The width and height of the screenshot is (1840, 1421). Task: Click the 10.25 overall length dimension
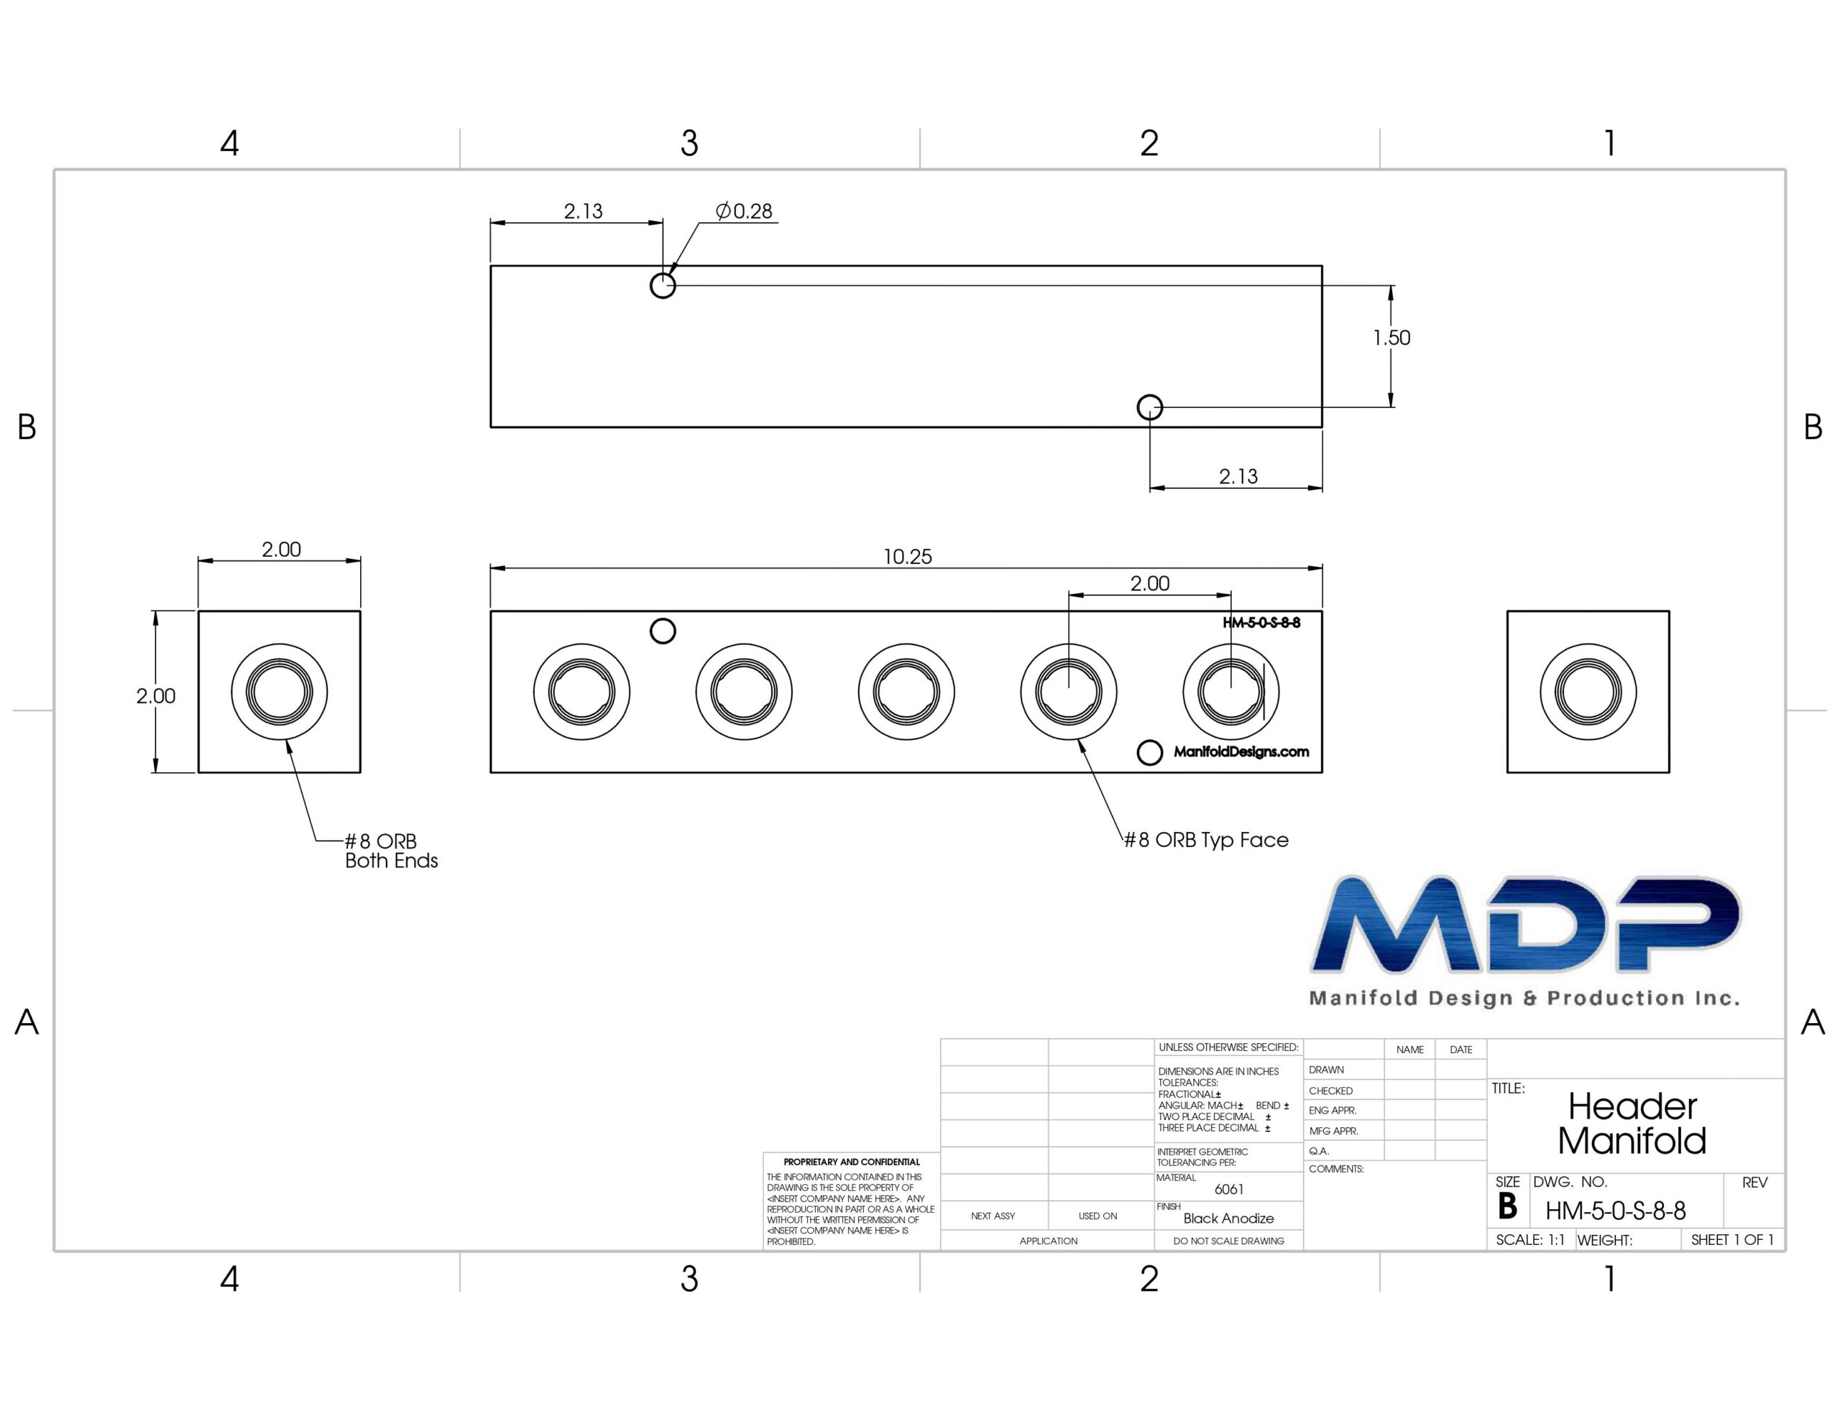point(907,557)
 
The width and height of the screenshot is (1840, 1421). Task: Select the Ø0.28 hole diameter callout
point(744,211)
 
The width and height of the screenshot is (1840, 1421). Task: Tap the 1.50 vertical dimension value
point(1391,338)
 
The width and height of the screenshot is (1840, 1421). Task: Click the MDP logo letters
point(1525,925)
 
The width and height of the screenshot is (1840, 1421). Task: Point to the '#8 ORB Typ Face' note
point(1207,840)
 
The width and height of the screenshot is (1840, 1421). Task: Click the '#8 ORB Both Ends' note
point(392,851)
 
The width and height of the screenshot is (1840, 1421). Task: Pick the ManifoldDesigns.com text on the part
point(1241,751)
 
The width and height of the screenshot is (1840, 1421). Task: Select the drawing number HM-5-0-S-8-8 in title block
point(1615,1211)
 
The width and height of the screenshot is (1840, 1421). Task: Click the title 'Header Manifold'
point(1632,1123)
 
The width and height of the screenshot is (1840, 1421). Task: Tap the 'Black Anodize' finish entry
point(1228,1218)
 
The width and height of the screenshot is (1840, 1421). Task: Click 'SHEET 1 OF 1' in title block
point(1732,1240)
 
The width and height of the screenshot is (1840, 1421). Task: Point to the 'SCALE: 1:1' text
point(1530,1240)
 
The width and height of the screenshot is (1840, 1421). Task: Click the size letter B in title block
point(1507,1207)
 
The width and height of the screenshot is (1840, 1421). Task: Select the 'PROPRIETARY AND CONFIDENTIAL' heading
point(852,1162)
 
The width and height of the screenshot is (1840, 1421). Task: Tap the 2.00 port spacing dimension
point(1150,584)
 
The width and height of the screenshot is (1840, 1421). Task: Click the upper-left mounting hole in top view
point(663,285)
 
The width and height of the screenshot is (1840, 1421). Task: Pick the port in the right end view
point(1588,693)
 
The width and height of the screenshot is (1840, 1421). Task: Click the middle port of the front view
point(906,693)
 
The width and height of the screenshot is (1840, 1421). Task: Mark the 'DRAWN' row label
point(1326,1070)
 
